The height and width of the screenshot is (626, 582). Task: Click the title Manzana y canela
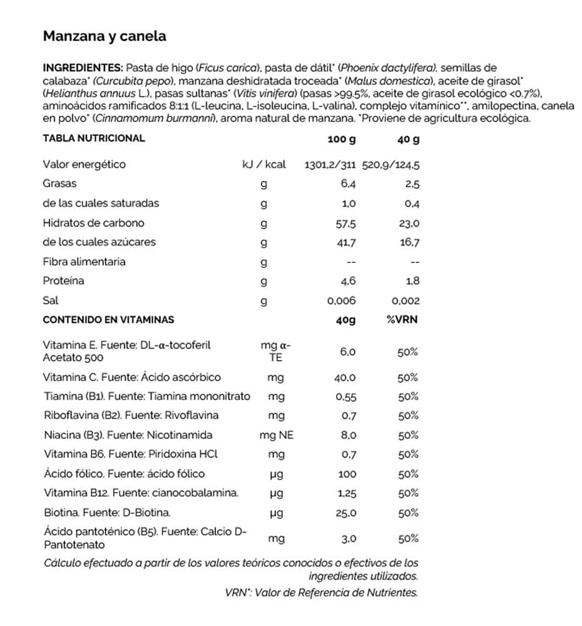tap(105, 36)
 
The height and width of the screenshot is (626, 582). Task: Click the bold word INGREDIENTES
tap(83, 68)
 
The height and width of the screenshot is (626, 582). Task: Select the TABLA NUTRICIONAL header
tap(94, 138)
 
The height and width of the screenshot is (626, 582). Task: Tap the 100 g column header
tap(341, 139)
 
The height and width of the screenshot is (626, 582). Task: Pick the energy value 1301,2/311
tap(330, 165)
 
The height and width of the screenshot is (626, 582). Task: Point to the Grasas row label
tap(59, 184)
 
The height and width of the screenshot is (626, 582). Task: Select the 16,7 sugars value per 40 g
tap(410, 242)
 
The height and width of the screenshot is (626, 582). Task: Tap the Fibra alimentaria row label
tap(84, 262)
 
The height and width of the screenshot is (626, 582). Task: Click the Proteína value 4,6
tap(349, 282)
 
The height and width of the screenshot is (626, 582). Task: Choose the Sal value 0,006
tap(342, 301)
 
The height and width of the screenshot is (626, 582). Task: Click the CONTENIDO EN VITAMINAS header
tap(108, 320)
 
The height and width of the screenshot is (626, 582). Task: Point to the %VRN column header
tap(402, 320)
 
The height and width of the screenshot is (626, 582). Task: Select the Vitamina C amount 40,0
tap(345, 378)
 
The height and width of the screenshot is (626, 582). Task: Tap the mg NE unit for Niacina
tap(276, 435)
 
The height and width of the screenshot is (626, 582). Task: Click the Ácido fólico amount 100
tap(346, 475)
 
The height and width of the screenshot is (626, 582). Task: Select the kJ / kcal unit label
tap(264, 165)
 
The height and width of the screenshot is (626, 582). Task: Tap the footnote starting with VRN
tap(321, 592)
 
